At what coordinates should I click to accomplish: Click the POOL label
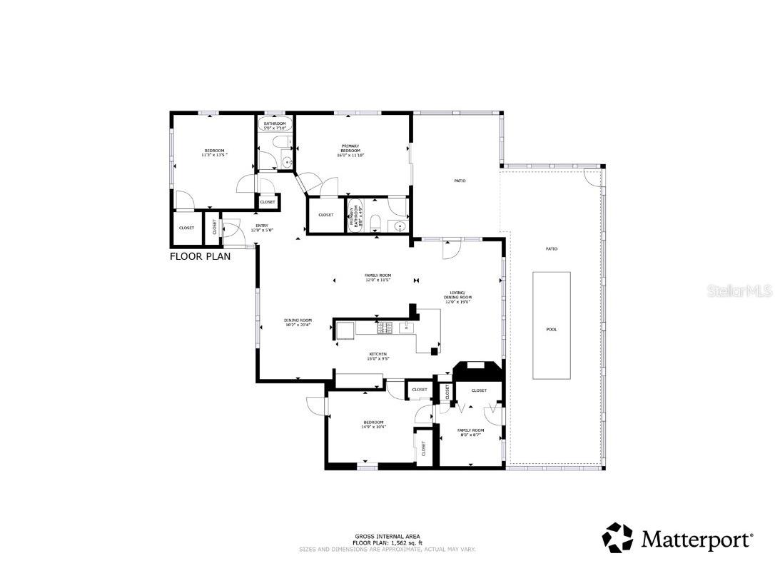[x=552, y=329]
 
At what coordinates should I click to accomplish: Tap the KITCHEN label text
[x=378, y=355]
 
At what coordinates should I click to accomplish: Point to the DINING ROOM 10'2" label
[x=298, y=323]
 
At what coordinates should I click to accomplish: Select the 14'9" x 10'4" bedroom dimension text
[x=374, y=427]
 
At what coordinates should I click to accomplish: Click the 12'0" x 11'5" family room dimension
[x=378, y=280]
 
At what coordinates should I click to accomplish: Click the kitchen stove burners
[x=385, y=328]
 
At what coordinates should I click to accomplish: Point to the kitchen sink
[x=405, y=328]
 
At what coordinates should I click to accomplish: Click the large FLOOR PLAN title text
[x=200, y=256]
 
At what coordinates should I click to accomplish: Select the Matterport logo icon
[x=618, y=537]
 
